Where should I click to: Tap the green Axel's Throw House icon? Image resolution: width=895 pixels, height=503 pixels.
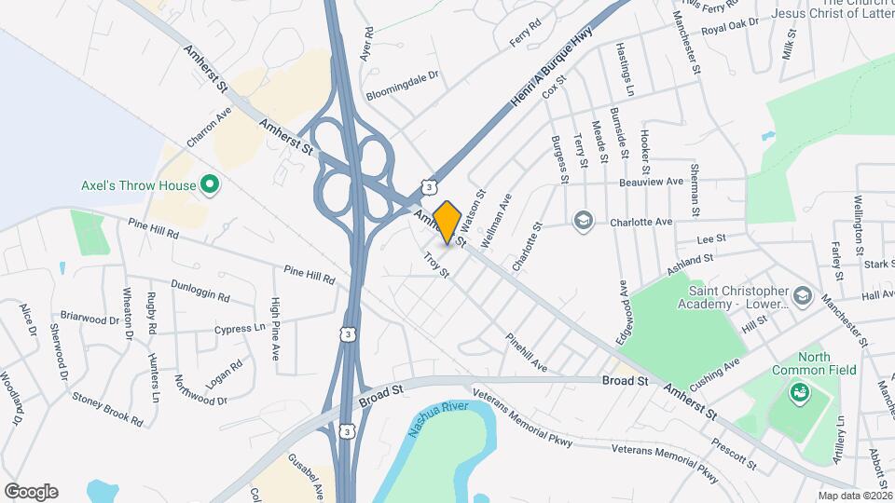210,185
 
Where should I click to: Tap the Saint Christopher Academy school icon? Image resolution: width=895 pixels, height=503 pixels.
804,299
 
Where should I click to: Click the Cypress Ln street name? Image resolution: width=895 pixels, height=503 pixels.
239,329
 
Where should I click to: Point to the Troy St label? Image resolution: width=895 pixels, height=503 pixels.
436,265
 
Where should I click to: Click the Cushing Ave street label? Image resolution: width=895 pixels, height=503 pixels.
714,374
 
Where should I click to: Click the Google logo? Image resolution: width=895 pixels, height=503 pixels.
31,491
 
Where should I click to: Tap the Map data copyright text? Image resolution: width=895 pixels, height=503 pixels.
855,495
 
